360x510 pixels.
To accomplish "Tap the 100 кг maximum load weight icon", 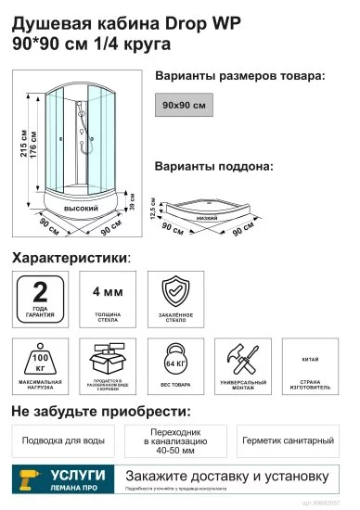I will pyautogui.click(x=41, y=359).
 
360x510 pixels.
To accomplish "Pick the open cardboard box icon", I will pyautogui.click(x=109, y=359).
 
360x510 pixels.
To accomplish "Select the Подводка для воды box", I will pyautogui.click(x=62, y=440).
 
